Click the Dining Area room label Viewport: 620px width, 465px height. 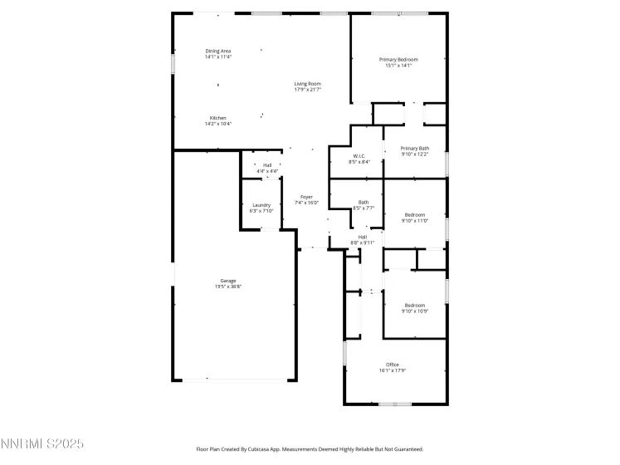pyautogui.click(x=218, y=51)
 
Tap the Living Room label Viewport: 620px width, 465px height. pyautogui.click(x=307, y=83)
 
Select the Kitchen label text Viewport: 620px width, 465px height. pyautogui.click(x=218, y=118)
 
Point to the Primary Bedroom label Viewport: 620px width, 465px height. pyautogui.click(x=398, y=59)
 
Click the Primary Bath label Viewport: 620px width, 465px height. pyautogui.click(x=415, y=148)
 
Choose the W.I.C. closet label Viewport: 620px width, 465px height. pyautogui.click(x=359, y=156)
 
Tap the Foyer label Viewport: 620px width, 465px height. pyautogui.click(x=306, y=197)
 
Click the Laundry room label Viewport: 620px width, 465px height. pyautogui.click(x=261, y=205)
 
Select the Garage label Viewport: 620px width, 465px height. pyautogui.click(x=228, y=281)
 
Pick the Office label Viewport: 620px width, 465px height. pyautogui.click(x=393, y=365)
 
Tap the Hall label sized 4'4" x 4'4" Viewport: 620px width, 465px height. pyautogui.click(x=267, y=165)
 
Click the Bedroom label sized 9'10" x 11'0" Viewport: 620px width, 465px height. pyautogui.click(x=414, y=214)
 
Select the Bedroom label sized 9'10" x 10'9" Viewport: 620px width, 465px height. pyautogui.click(x=414, y=305)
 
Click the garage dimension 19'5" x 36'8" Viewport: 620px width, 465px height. pyautogui.click(x=228, y=286)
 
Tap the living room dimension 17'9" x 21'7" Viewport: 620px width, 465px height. pyautogui.click(x=307, y=89)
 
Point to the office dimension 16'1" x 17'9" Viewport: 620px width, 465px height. pyautogui.click(x=393, y=370)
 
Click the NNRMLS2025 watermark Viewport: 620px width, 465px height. pyautogui.click(x=42, y=445)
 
